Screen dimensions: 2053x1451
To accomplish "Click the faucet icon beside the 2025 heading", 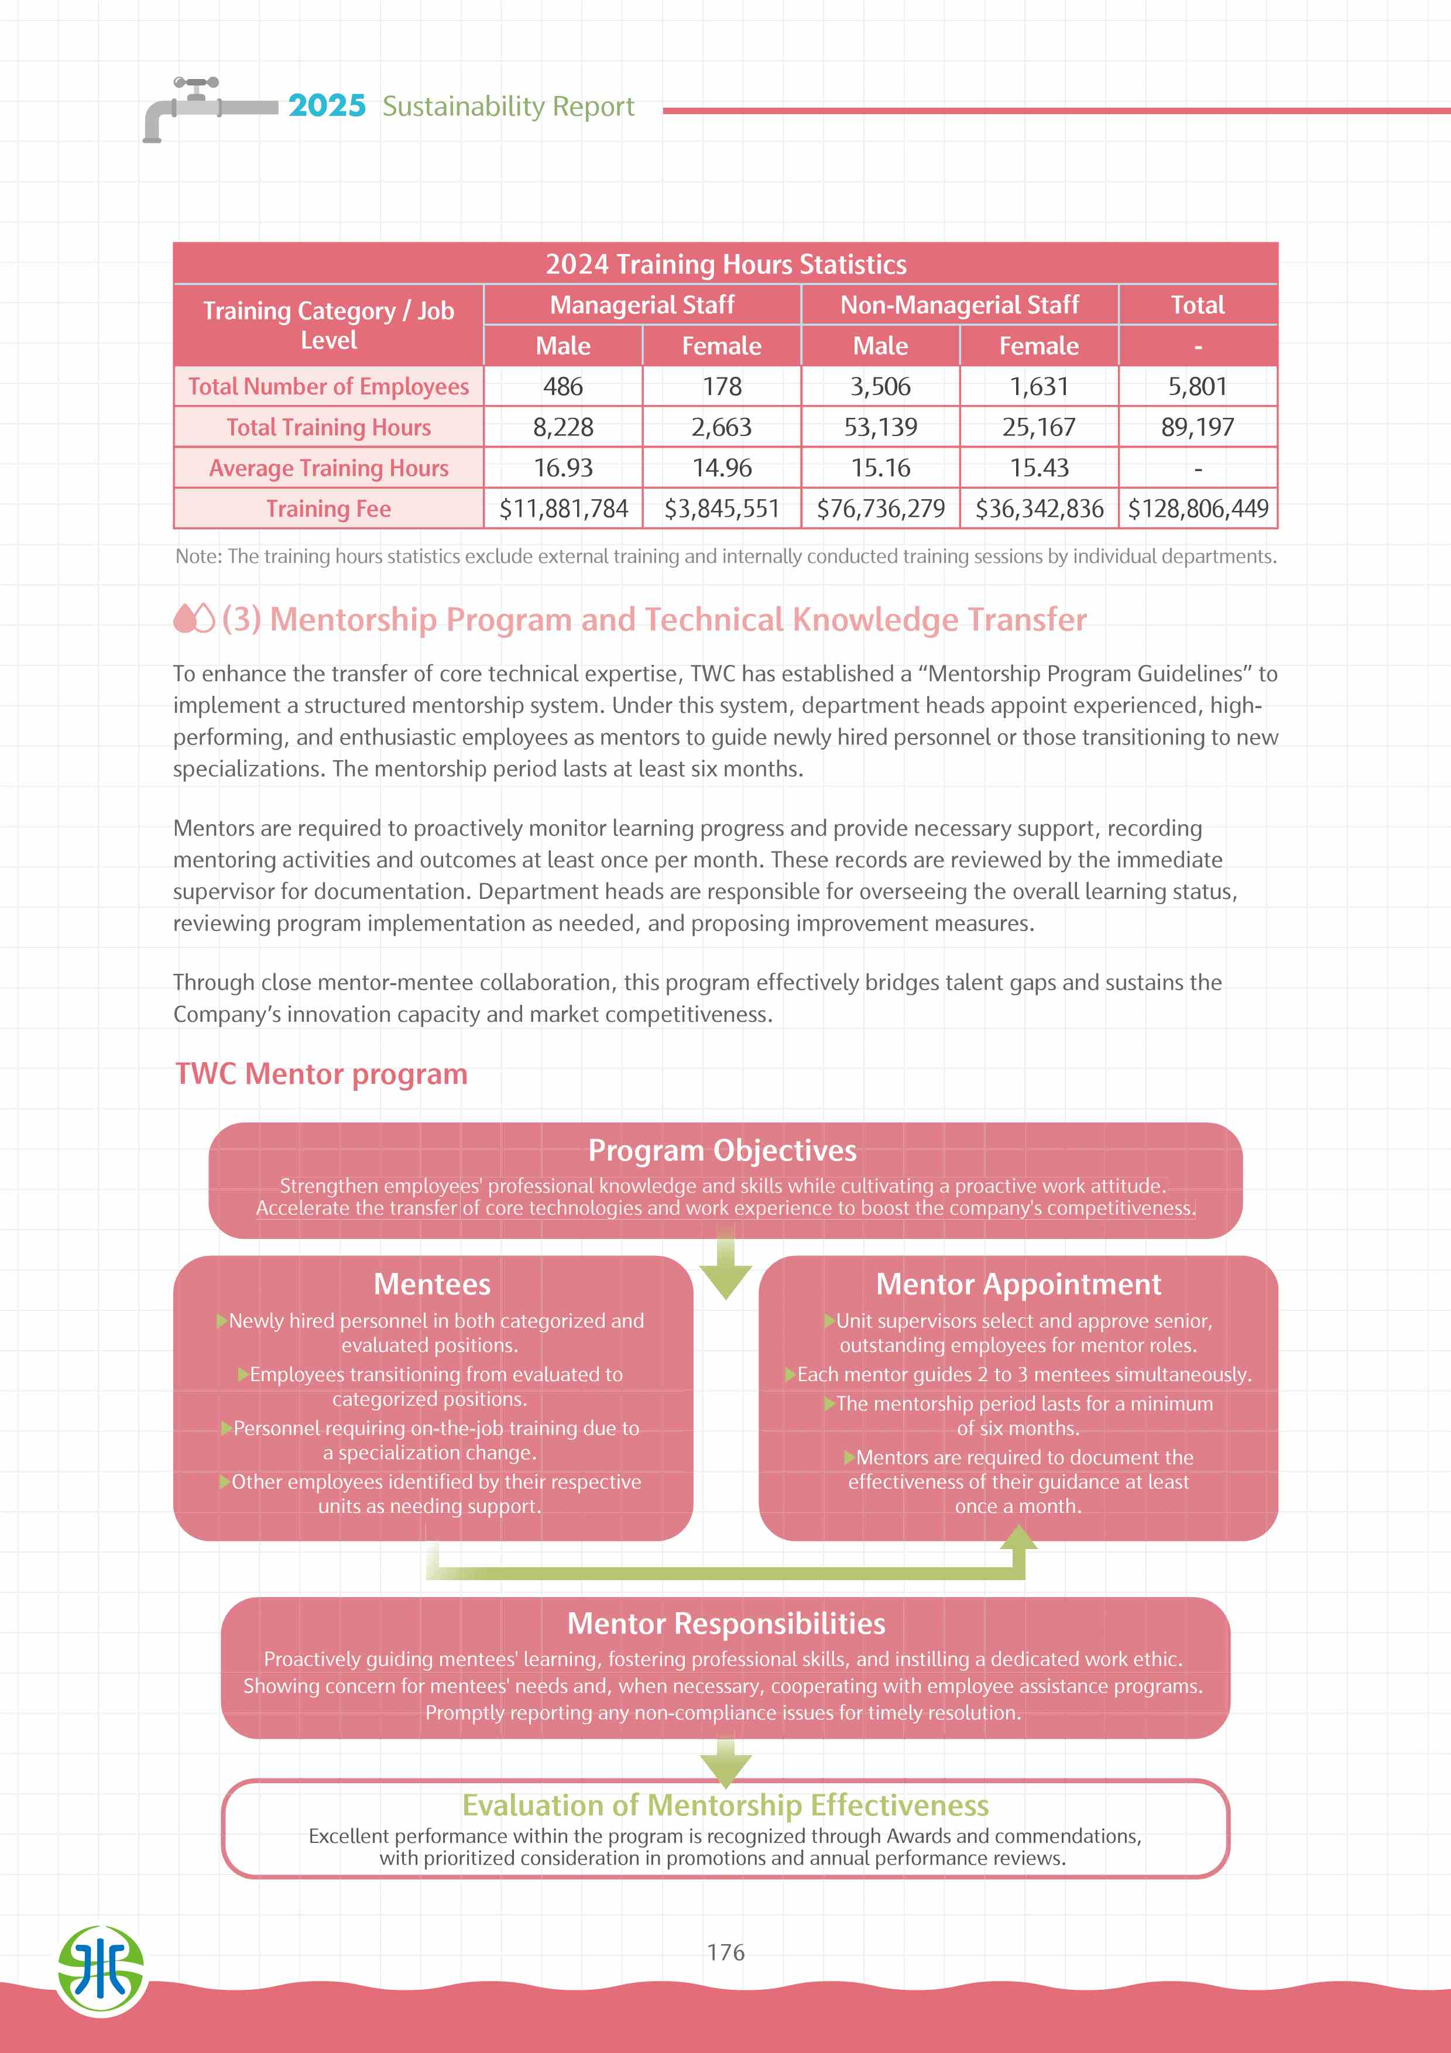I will click(x=197, y=107).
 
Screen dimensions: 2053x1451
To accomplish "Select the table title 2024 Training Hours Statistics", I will click(x=725, y=265).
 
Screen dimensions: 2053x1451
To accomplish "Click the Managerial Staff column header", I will click(x=642, y=305).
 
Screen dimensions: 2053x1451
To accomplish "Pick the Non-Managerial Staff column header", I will click(x=959, y=305).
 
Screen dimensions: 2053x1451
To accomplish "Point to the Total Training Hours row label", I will click(x=328, y=427).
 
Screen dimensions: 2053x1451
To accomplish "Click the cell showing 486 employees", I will click(x=562, y=386).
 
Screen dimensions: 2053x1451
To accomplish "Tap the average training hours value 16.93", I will click(x=562, y=468).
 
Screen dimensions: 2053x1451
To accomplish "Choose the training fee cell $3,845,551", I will click(x=722, y=509).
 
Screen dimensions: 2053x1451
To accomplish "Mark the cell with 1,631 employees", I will click(x=1039, y=386).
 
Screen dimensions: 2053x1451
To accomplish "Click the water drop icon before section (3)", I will click(x=194, y=619).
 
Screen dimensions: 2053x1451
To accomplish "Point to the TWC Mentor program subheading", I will click(x=321, y=1074).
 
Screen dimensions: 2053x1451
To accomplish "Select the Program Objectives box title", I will click(x=722, y=1150).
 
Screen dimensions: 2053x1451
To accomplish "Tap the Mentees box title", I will click(x=432, y=1284).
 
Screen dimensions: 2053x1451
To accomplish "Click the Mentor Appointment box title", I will click(x=1018, y=1284).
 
